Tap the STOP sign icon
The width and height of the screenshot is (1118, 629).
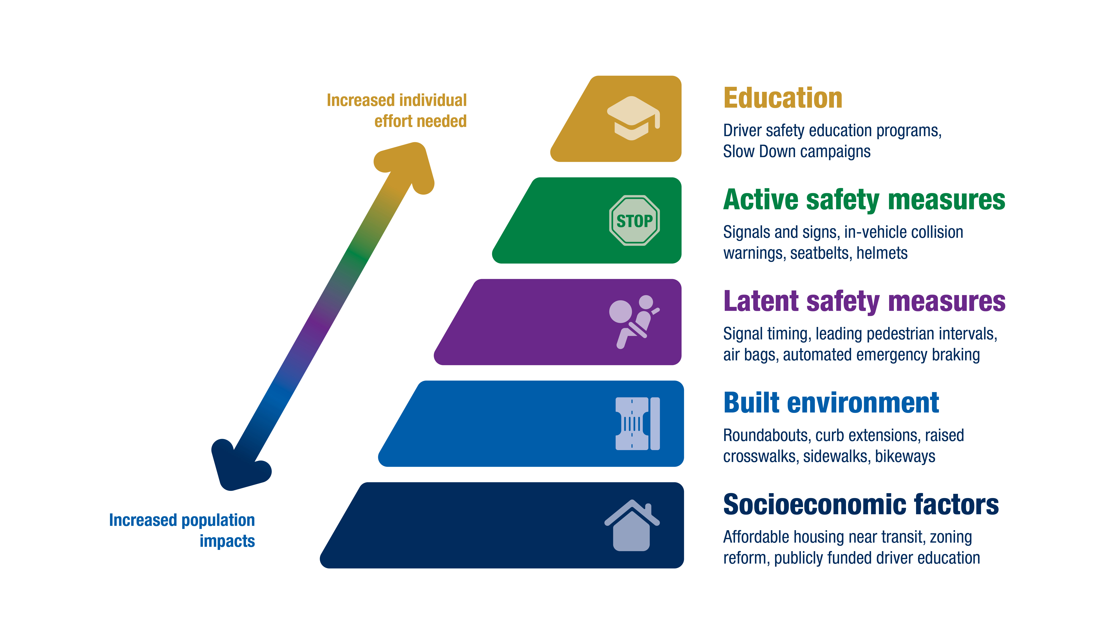click(634, 221)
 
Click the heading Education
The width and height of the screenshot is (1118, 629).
click(783, 98)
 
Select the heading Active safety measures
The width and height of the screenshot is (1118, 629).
click(864, 200)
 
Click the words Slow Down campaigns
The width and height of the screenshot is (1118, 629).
click(797, 152)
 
